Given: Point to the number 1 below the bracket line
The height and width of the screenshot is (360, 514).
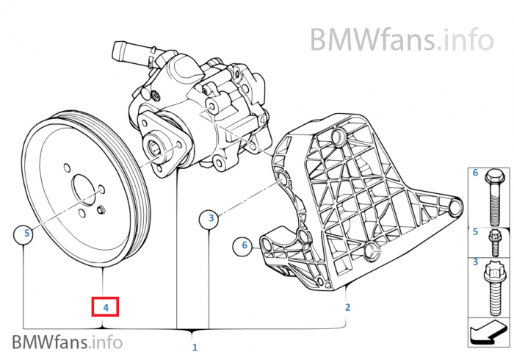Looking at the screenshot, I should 194,346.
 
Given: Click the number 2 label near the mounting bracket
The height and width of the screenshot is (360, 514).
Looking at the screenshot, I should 348,306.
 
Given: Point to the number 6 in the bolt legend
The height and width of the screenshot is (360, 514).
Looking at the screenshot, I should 475,173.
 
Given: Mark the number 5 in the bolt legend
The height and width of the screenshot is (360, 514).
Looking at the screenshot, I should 475,231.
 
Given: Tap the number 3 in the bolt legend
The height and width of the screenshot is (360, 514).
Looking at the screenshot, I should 475,263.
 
